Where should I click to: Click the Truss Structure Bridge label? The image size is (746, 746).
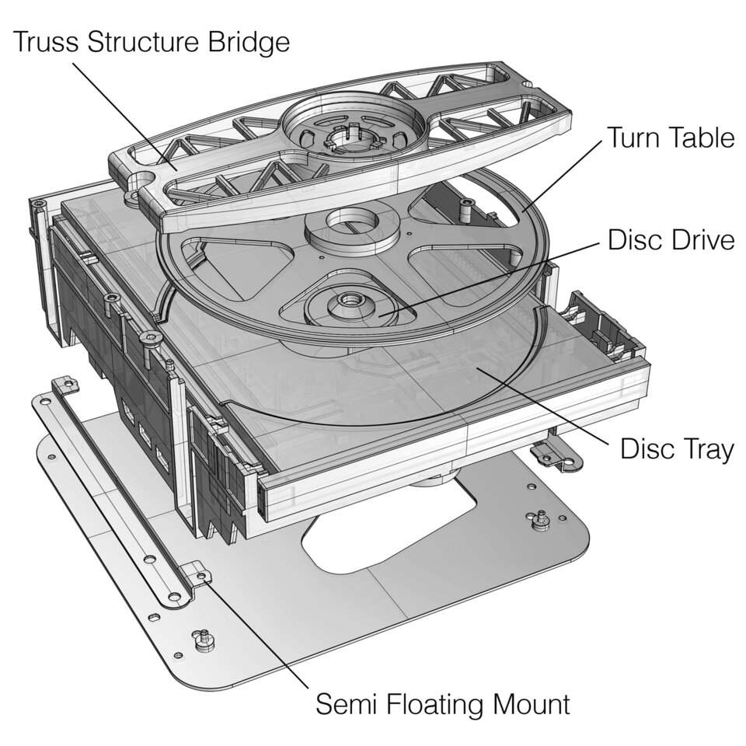coord(152,41)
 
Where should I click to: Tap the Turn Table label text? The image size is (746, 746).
coord(670,138)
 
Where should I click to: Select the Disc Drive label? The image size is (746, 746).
coord(671,240)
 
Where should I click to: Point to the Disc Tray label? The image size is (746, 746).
coord(676,448)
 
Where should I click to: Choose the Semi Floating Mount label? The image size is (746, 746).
coord(442,705)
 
